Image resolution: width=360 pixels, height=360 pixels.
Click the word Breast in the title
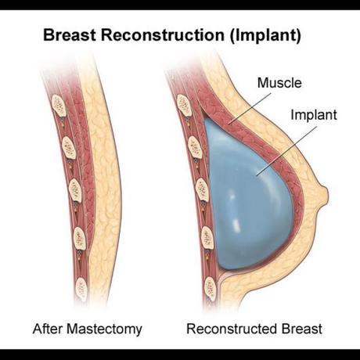pos(70,35)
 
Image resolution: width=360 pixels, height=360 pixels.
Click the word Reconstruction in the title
pos(163,35)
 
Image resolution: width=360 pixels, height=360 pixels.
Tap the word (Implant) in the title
pos(265,36)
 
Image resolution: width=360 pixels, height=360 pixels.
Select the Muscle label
pos(279,83)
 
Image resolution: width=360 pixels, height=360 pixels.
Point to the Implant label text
pos(314,115)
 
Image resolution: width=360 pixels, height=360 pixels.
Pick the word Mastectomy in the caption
pos(104,329)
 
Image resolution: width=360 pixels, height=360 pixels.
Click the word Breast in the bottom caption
pos(302,329)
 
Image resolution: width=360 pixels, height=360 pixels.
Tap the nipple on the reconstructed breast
pos(324,195)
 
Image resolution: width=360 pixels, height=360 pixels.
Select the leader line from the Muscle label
pos(250,108)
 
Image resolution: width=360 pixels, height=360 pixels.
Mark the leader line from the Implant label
pos(287,151)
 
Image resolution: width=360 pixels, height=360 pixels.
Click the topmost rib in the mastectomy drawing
pos(59,106)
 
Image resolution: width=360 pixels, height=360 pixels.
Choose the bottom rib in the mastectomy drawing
pos(81,290)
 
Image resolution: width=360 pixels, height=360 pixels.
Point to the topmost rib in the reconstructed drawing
pos(184,105)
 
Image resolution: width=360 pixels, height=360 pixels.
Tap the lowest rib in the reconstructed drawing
pos(211,289)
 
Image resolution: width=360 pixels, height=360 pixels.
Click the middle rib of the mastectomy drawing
pos(75,190)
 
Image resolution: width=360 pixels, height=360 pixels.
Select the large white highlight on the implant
pos(236,223)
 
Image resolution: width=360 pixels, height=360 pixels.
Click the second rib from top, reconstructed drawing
pos(196,147)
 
